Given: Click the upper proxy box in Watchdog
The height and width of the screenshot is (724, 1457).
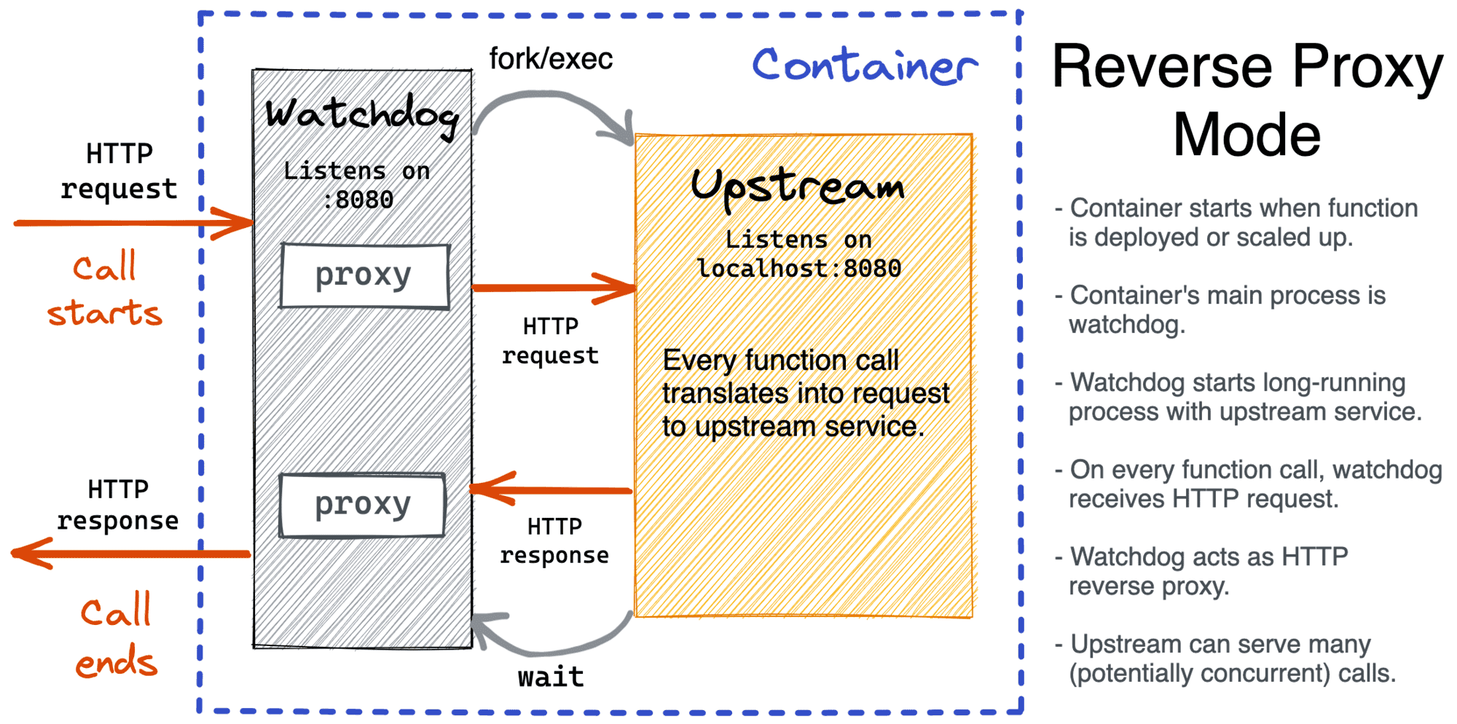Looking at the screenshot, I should (x=364, y=276).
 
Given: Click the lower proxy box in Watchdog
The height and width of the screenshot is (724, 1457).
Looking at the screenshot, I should (x=362, y=505).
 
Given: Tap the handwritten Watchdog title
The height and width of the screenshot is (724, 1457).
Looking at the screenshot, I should (x=362, y=114).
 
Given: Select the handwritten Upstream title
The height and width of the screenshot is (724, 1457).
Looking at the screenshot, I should (x=798, y=186).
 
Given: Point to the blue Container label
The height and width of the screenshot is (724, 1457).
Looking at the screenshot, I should (x=864, y=66).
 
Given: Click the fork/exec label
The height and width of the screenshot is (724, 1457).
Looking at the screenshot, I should (x=551, y=59).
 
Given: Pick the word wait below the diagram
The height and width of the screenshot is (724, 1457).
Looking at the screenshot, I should (x=551, y=677).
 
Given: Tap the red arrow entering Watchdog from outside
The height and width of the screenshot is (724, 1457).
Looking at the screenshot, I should (x=131, y=223).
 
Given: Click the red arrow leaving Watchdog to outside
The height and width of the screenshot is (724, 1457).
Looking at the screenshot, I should (x=131, y=554).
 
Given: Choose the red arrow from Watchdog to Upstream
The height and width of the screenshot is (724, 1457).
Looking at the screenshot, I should (x=554, y=288).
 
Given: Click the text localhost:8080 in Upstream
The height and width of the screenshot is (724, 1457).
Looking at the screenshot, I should (x=799, y=269).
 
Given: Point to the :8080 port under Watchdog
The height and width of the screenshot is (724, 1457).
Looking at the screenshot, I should (x=358, y=200).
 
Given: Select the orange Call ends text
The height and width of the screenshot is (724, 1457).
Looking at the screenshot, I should (x=116, y=635).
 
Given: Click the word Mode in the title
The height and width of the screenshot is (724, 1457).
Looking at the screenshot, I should (x=1246, y=135).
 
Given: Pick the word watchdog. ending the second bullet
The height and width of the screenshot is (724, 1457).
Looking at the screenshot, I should (x=1127, y=325).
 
